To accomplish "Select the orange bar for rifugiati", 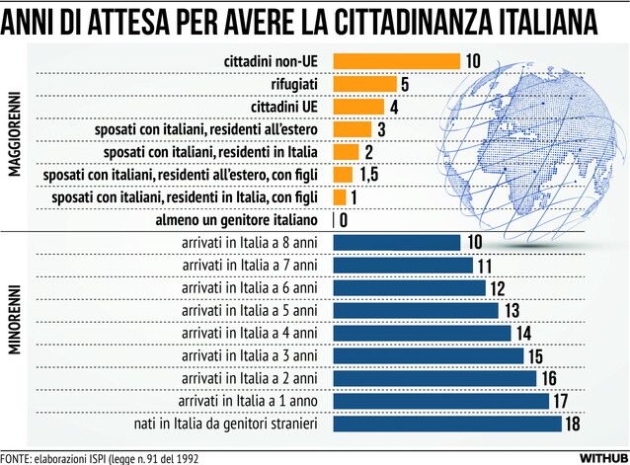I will [x=364, y=84].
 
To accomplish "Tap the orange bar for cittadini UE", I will [x=358, y=107].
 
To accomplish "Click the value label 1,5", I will [x=369, y=175].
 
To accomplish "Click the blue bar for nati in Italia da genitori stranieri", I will [x=447, y=424].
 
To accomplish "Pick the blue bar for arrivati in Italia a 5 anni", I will [x=416, y=310].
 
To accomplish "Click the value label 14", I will [x=523, y=333].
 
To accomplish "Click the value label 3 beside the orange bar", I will [x=380, y=129].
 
